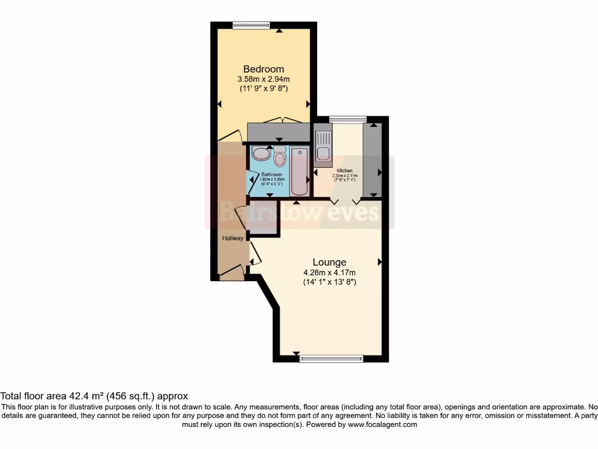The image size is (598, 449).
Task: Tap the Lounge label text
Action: click(329, 263)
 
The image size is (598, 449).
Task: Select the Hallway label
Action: click(232, 239)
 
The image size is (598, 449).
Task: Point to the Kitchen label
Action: click(344, 171)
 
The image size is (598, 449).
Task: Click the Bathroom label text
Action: click(272, 175)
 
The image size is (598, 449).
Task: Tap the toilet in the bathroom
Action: click(280, 158)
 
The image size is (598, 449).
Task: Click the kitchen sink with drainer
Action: click(323, 146)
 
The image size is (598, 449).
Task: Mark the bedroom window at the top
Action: click(251, 25)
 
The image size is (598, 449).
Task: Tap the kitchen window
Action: click(344, 120)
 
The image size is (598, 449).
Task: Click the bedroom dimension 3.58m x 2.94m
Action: click(263, 79)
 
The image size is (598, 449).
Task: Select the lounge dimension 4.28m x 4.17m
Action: click(329, 272)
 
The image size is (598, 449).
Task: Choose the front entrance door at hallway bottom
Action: click(232, 270)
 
